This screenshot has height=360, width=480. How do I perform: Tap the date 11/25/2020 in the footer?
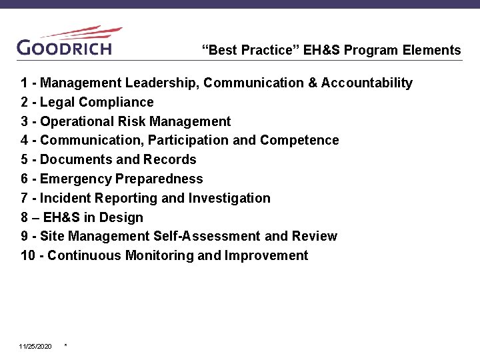coord(35,347)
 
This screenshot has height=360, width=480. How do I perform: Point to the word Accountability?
coord(367,83)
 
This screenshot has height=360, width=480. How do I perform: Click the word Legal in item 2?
coord(57,102)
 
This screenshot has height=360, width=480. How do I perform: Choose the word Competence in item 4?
coord(299,140)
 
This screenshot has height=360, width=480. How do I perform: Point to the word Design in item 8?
coord(123,217)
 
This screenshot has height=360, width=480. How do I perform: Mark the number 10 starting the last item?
coord(28,255)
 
